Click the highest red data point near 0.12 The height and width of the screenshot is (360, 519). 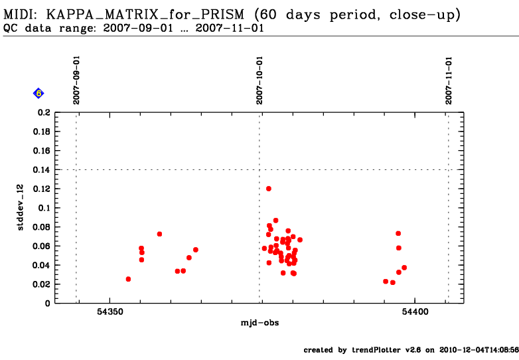pos(269,189)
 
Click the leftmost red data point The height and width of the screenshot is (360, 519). pos(128,279)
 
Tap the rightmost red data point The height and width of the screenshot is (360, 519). pos(404,268)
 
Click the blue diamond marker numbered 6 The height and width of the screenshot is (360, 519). pos(38,94)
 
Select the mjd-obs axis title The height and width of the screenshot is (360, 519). pos(259,323)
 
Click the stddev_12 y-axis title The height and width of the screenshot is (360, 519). pos(21,208)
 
